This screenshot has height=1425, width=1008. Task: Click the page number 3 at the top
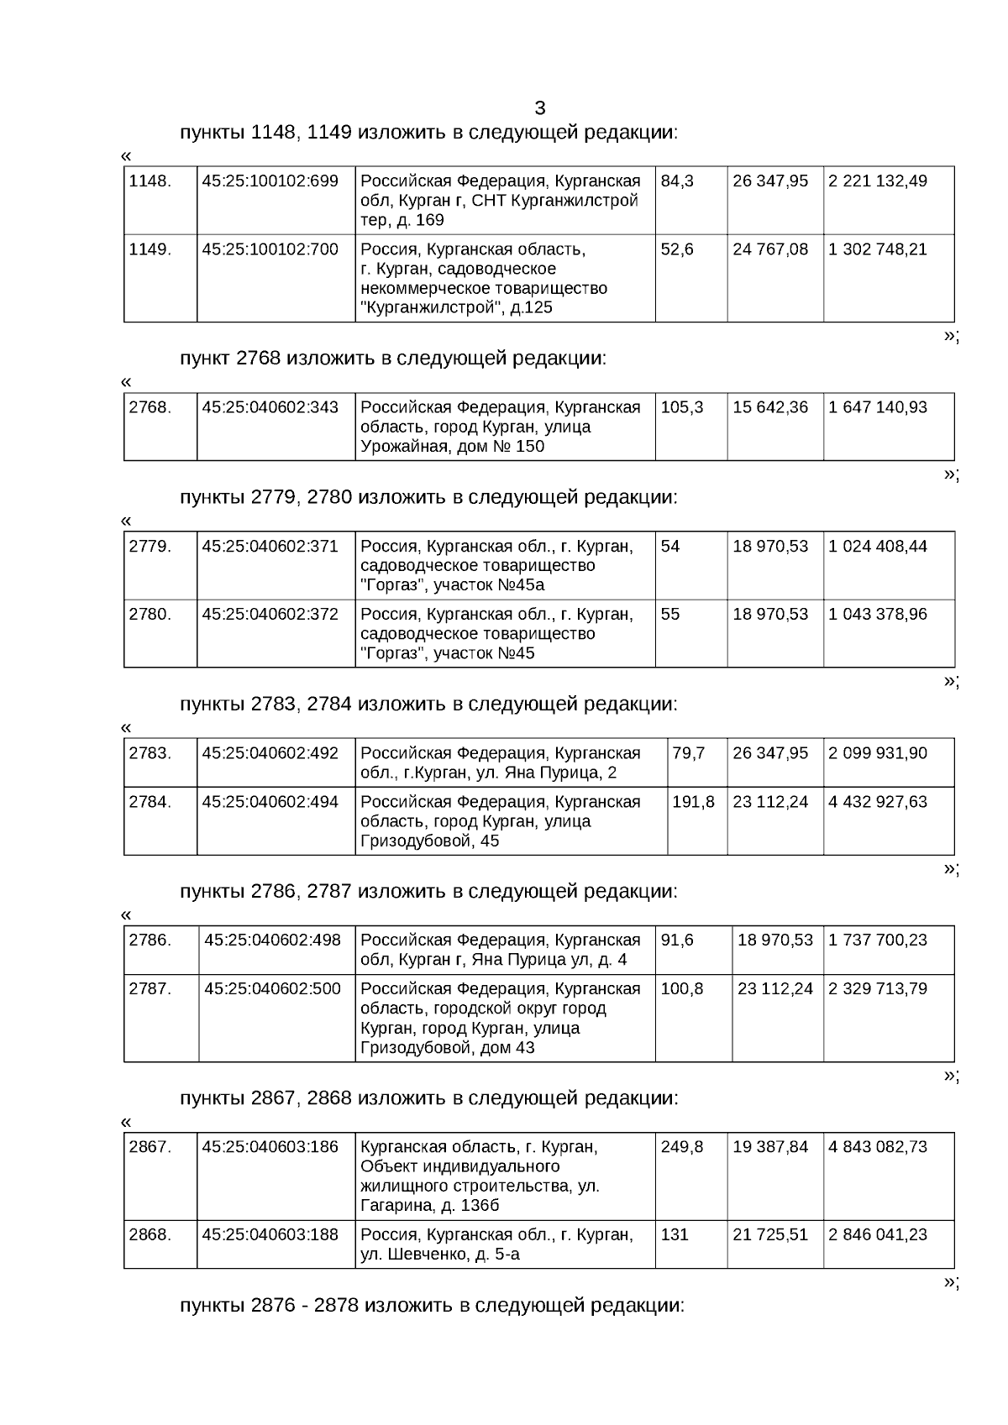(539, 108)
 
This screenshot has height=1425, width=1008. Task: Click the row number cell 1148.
(150, 181)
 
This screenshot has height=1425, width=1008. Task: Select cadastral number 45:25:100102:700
(270, 249)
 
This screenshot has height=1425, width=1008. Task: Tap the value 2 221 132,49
(878, 181)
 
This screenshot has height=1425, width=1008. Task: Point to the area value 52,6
(677, 249)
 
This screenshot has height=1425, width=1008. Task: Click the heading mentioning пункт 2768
(392, 359)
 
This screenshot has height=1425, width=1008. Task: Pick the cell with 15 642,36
(770, 408)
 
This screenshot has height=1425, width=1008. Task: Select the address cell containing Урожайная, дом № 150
(501, 427)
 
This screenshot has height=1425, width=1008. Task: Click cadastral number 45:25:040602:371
(270, 547)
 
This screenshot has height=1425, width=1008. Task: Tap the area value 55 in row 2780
(670, 615)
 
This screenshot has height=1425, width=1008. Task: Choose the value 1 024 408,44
(878, 547)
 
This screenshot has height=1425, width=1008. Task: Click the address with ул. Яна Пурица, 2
(501, 763)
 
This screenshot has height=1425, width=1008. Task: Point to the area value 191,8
(693, 803)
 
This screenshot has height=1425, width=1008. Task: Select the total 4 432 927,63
(878, 803)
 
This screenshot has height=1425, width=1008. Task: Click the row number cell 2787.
(150, 989)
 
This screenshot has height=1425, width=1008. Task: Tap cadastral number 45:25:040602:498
(272, 940)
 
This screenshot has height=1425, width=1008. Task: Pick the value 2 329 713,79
(878, 989)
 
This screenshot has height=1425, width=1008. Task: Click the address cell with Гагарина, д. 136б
(480, 1176)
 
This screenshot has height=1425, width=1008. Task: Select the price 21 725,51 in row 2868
(770, 1235)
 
